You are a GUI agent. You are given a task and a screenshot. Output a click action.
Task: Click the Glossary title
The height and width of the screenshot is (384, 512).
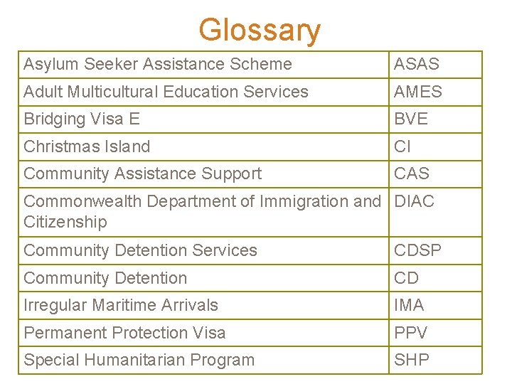pyautogui.click(x=260, y=30)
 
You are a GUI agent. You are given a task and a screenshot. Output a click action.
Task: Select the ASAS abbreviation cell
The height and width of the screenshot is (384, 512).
pyautogui.click(x=417, y=64)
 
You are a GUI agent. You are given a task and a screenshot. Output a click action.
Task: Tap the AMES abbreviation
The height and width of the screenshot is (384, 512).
pyautogui.click(x=419, y=92)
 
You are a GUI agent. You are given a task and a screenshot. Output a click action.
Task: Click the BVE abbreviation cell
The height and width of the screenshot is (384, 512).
pyautogui.click(x=412, y=119)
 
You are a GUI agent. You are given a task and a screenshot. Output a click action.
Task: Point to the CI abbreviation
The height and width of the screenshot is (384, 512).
pyautogui.click(x=403, y=146)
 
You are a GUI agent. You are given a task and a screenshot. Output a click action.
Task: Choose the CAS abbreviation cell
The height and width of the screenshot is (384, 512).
pyautogui.click(x=412, y=174)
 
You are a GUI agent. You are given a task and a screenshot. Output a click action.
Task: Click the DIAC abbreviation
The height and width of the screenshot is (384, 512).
pyautogui.click(x=415, y=201)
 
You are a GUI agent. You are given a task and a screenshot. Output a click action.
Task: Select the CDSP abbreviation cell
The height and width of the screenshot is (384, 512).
pyautogui.click(x=418, y=250)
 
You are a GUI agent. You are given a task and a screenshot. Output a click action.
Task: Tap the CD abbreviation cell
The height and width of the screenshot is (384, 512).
pyautogui.click(x=407, y=278)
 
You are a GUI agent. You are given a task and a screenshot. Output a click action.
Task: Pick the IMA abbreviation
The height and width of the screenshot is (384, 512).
pyautogui.click(x=410, y=305)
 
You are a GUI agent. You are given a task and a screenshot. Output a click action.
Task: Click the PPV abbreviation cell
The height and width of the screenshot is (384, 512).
pyautogui.click(x=412, y=333)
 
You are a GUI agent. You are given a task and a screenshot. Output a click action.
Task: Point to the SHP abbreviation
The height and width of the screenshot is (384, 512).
pyautogui.click(x=412, y=360)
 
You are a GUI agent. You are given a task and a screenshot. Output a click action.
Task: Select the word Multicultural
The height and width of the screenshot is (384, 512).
pyautogui.click(x=112, y=92)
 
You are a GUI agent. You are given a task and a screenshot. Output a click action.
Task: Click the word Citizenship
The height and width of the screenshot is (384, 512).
pyautogui.click(x=65, y=222)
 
